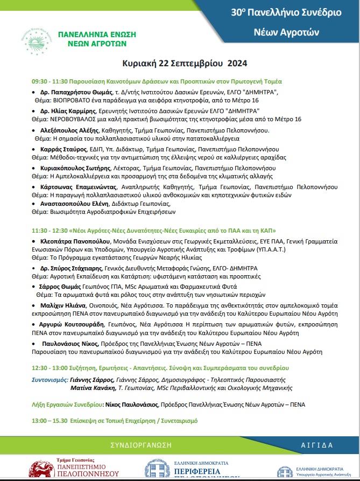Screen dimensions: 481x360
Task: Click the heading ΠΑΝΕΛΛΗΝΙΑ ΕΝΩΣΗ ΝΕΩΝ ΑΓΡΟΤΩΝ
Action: coord(97,38)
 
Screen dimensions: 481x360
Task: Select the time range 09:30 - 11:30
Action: coord(52,81)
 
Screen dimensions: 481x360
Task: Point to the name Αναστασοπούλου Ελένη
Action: coord(77,204)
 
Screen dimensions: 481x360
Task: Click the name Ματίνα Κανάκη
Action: coord(93,387)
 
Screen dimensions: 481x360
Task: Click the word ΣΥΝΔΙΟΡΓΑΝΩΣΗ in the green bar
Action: coord(141,445)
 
